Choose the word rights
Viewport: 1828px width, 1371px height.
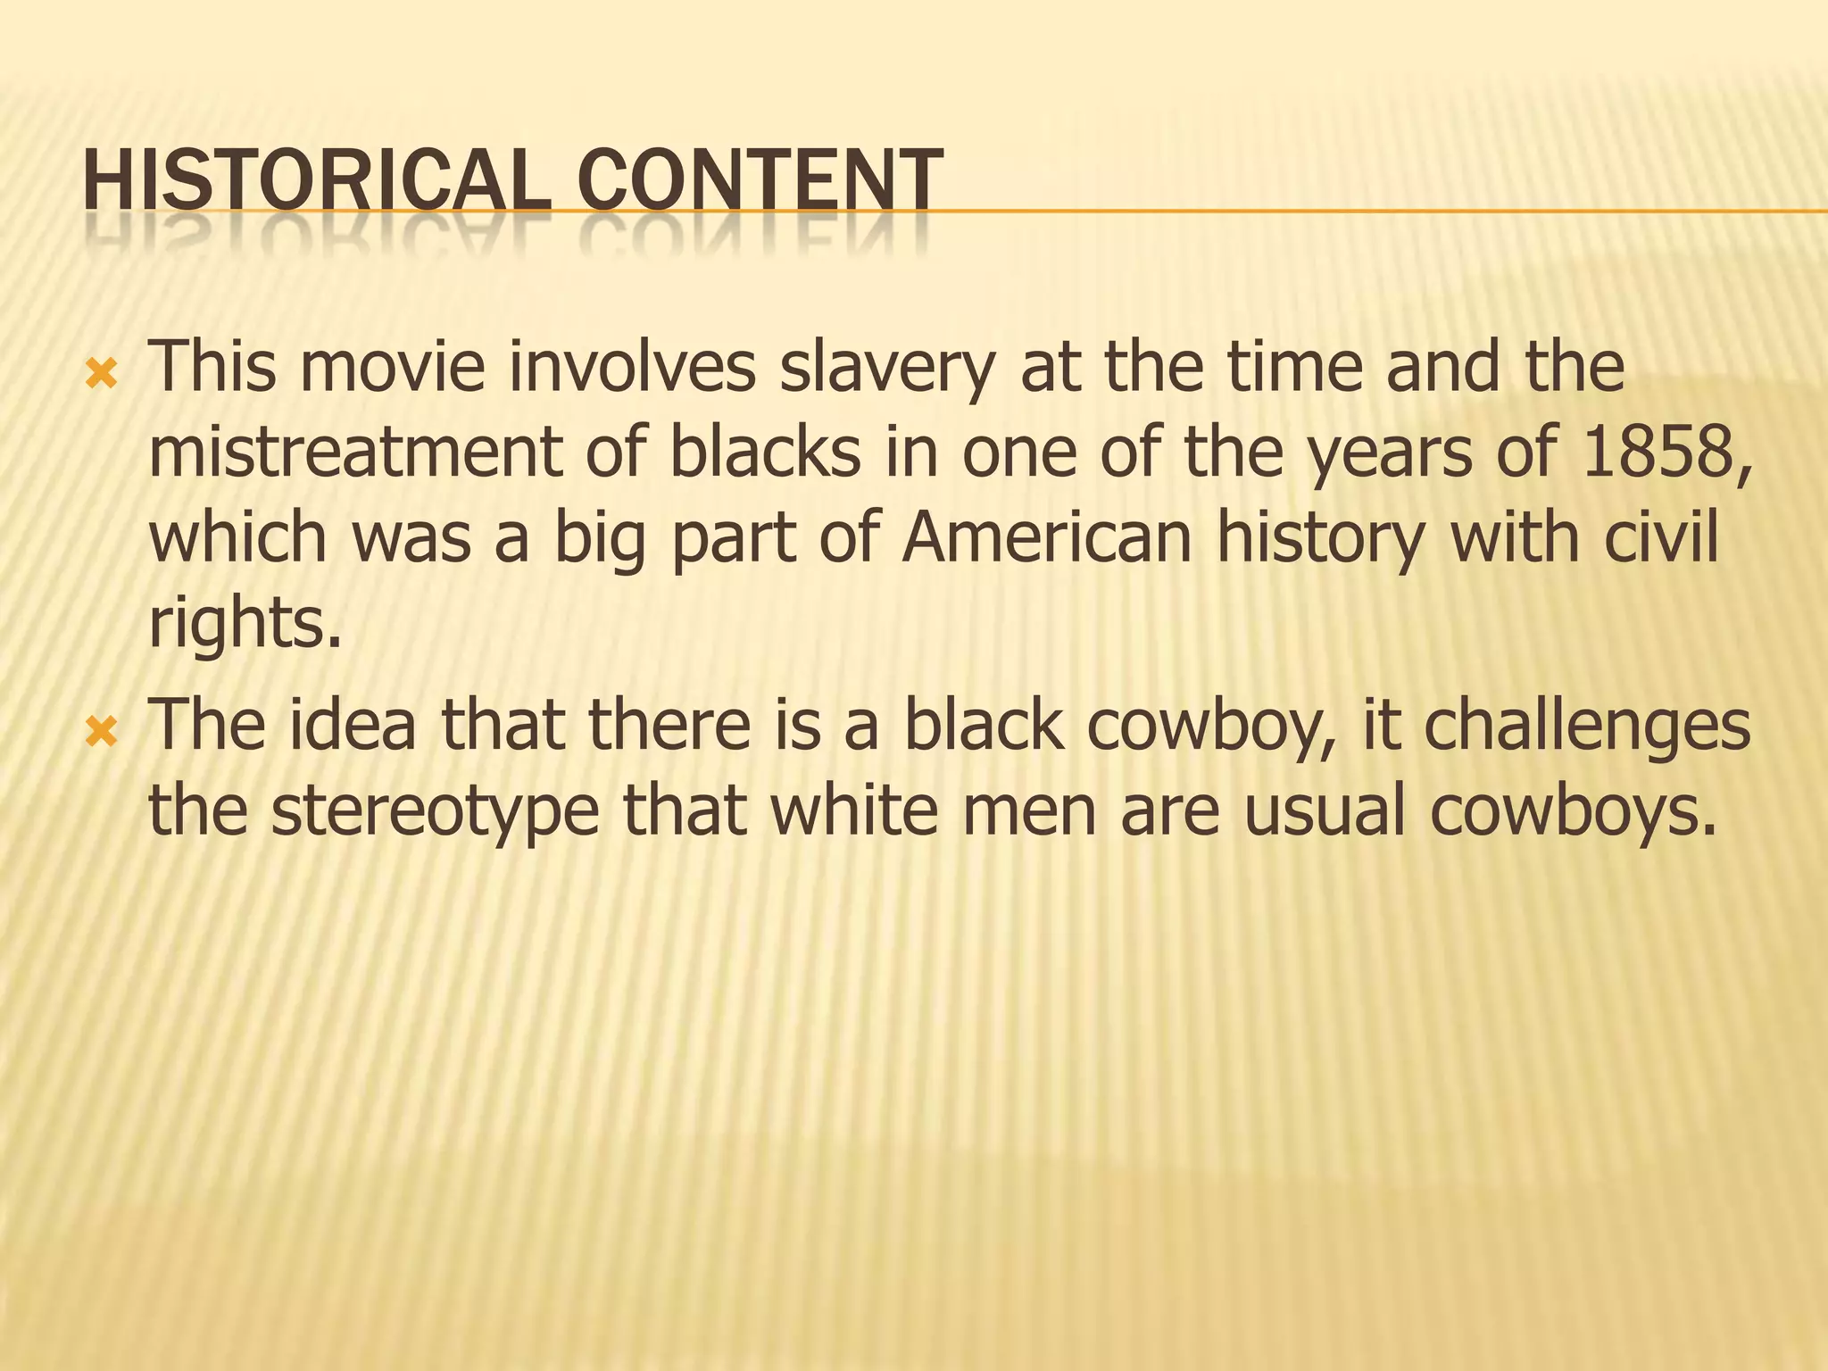(244, 625)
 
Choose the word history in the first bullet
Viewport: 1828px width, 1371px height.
(1320, 539)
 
